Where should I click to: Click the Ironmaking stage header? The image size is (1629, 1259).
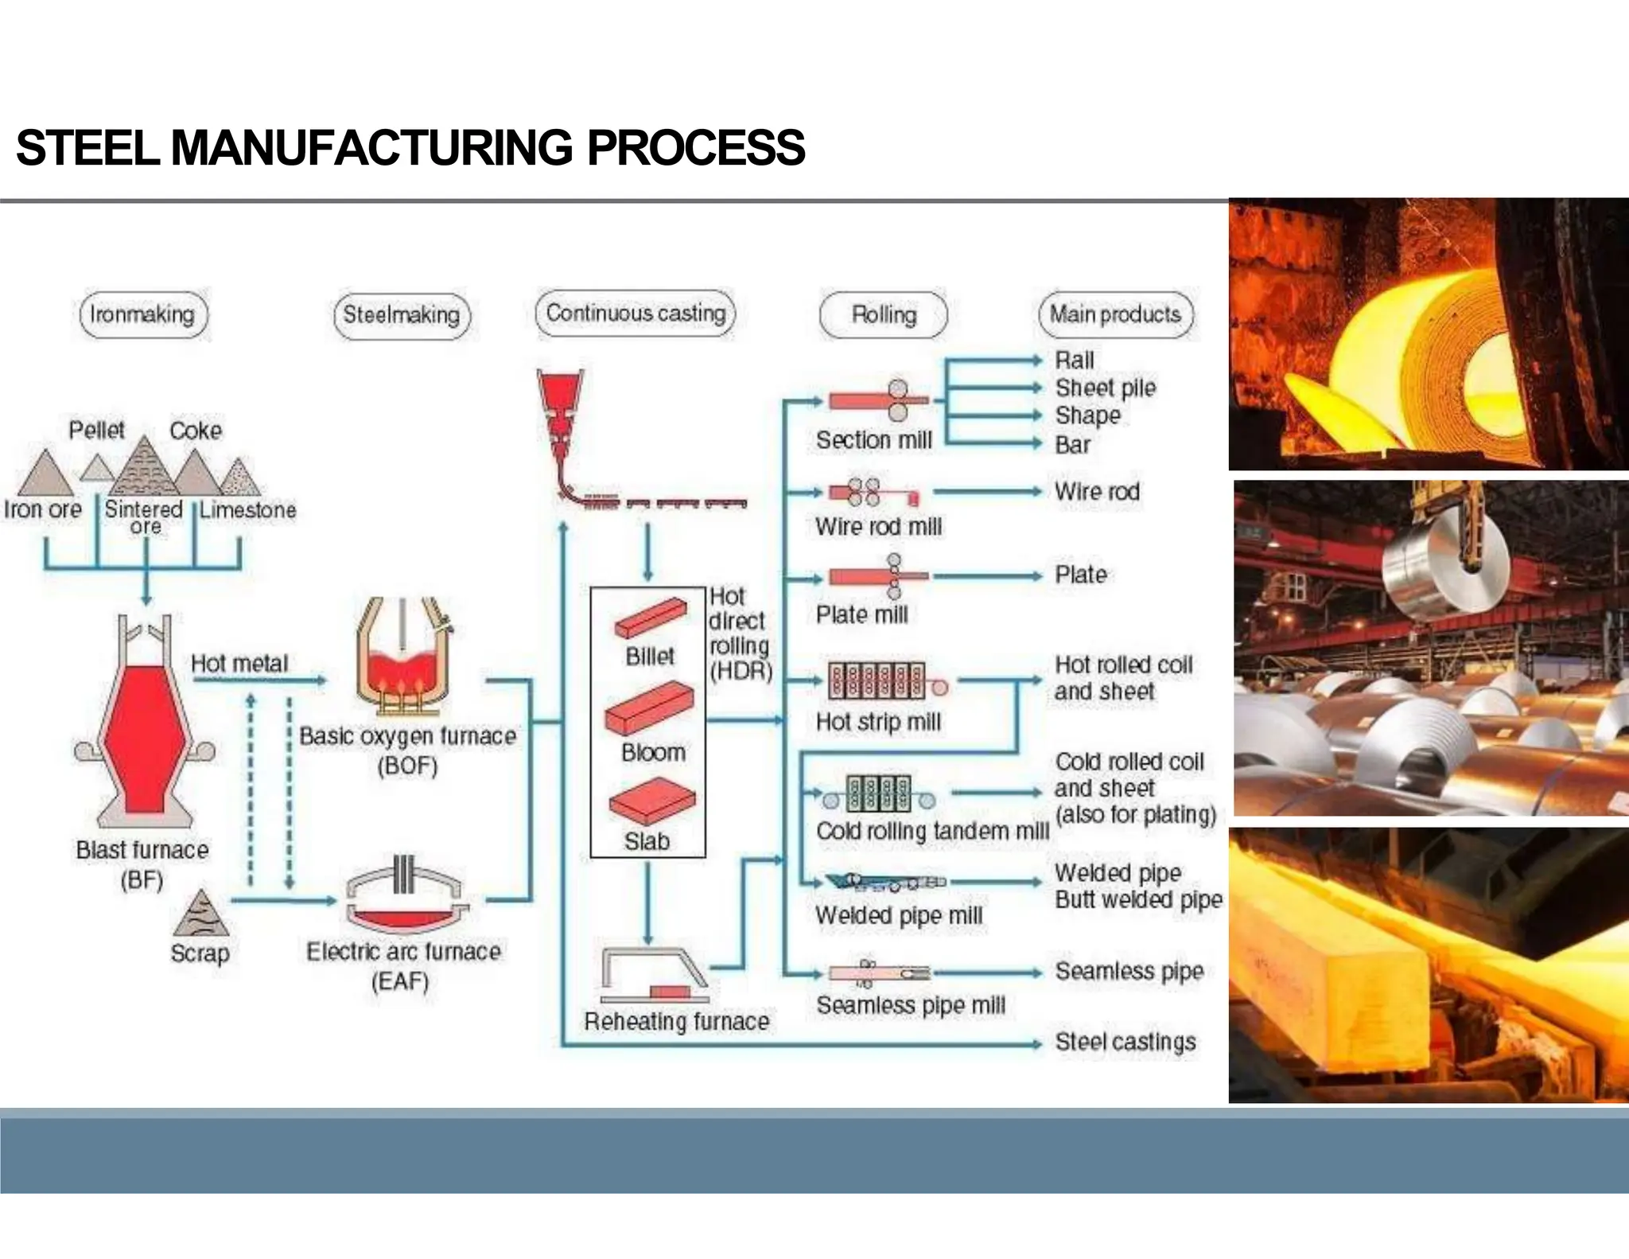tap(142, 315)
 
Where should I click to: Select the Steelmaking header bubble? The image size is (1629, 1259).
tap(401, 315)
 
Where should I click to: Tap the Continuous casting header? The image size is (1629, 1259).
tap(636, 314)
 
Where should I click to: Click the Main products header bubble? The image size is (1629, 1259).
tap(1115, 314)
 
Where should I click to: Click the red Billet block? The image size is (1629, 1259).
tap(650, 618)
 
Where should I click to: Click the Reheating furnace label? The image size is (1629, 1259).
tap(677, 1022)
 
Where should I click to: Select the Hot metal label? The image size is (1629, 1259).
tap(239, 664)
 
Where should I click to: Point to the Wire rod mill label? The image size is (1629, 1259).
tap(878, 527)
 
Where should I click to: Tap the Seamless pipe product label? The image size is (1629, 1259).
tap(1129, 971)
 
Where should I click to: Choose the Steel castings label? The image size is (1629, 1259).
tap(1125, 1042)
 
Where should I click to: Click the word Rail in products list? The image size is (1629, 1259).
tap(1075, 361)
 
